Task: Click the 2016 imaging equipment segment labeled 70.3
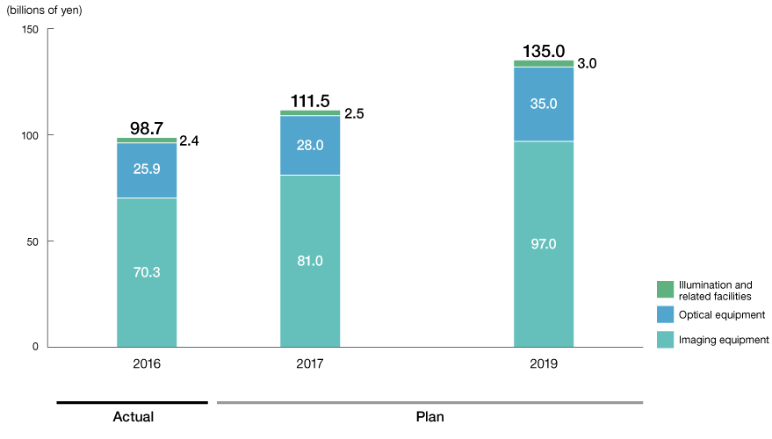147,272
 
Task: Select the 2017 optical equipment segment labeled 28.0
310,145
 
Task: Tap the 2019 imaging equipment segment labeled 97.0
544,244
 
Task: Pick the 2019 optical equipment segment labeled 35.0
544,104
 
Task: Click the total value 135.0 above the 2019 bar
544,51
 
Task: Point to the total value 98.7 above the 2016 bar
147,129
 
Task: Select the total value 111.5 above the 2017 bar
310,102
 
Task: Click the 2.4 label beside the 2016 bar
189,140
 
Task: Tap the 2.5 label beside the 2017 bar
353,113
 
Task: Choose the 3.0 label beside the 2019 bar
587,64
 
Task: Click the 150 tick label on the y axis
31,30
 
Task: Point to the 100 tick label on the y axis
31,135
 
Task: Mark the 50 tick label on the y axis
33,241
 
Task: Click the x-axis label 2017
310,362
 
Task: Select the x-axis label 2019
544,362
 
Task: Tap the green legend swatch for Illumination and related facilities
665,289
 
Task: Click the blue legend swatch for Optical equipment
665,314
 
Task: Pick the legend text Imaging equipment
725,340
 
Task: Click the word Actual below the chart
133,416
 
